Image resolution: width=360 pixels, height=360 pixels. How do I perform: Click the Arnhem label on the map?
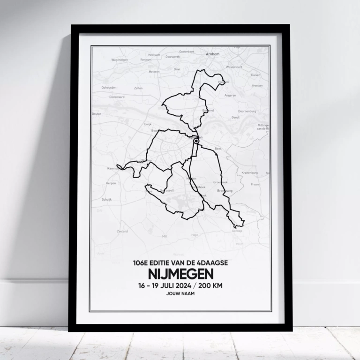tap(212, 54)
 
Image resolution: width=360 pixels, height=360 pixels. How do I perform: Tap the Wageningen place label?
tap(120, 60)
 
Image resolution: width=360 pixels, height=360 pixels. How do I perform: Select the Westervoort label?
tap(234, 67)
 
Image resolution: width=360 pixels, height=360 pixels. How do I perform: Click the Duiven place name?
tap(255, 75)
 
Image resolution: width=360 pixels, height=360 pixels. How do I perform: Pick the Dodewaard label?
tap(116, 97)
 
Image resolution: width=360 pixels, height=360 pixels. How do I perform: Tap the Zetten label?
tap(138, 88)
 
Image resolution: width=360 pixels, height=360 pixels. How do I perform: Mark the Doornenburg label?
tap(247, 111)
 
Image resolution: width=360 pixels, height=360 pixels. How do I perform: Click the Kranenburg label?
tap(249, 172)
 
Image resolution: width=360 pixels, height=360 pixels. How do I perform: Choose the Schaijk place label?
tap(107, 199)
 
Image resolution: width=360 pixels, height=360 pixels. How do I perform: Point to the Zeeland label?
tap(122, 231)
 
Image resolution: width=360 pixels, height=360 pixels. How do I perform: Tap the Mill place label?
tap(165, 237)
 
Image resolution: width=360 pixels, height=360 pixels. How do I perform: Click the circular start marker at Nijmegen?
tap(196, 140)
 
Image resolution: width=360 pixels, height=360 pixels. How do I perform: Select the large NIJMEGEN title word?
tap(180, 273)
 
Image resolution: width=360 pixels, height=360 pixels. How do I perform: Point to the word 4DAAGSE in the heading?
tap(213, 263)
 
